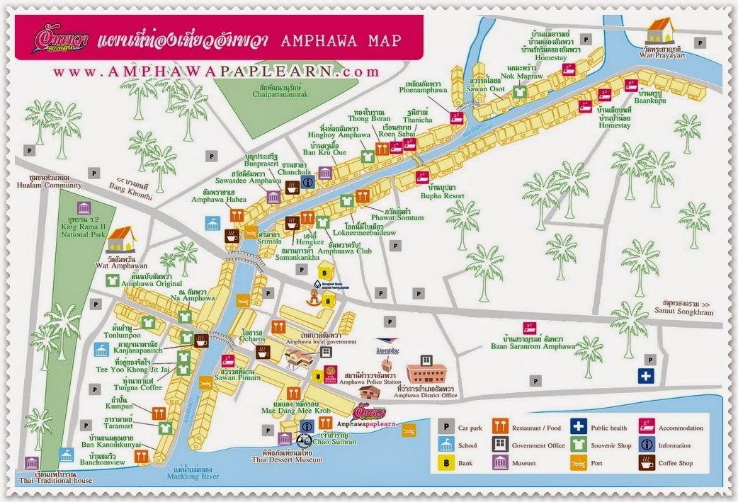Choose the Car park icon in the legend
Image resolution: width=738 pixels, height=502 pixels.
444,427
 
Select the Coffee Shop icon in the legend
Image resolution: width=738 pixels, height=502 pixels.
647,464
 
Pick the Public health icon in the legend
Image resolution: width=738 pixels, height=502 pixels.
579,427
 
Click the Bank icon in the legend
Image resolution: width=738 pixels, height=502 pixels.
444,464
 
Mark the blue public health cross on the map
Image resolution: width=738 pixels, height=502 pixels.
645,376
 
